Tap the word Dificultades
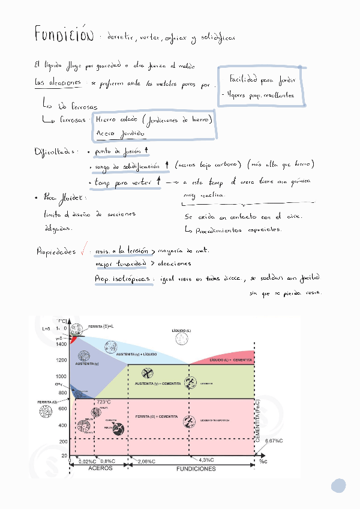(58, 151)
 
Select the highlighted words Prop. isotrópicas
(122, 279)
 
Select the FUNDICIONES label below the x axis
(196, 469)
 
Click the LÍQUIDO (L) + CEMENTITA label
(230, 360)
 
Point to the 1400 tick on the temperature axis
(62, 344)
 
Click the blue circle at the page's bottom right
(339, 486)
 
